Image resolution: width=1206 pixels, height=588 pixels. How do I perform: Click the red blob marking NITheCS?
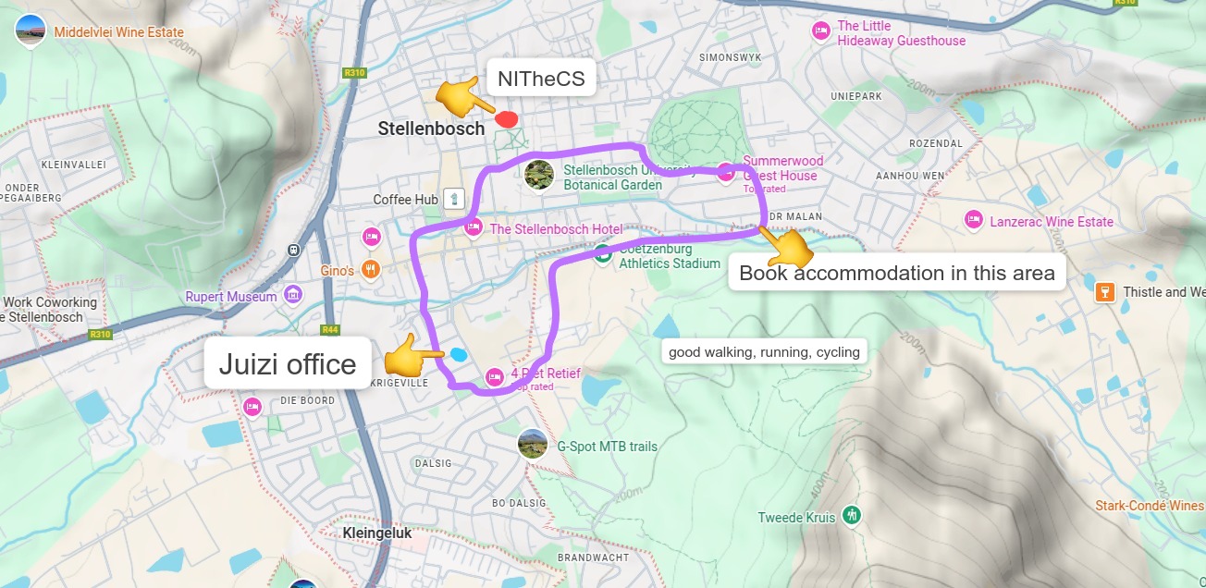coord(506,118)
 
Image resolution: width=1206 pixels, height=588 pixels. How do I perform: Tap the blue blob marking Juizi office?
coord(459,354)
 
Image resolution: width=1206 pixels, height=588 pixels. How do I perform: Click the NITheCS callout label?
coord(541,80)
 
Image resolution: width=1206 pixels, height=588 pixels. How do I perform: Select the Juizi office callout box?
coord(288,364)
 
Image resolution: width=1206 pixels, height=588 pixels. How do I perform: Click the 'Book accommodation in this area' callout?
coord(896,273)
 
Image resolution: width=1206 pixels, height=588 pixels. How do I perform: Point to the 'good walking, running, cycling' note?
coord(764,351)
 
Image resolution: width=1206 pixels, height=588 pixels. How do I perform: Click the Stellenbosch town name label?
coord(431,129)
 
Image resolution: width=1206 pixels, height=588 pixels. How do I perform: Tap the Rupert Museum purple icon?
coord(294,295)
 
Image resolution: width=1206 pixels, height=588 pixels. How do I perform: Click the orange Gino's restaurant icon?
coord(371,270)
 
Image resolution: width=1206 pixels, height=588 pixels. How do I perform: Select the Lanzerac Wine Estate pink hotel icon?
coord(973,220)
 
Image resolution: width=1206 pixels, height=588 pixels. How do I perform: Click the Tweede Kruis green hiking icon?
coord(852,515)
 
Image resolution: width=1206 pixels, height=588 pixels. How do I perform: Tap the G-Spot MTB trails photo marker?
coord(533,445)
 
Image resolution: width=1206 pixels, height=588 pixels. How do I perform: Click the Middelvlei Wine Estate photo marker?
coord(31,31)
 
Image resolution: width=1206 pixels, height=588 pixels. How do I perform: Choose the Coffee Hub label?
coord(405,200)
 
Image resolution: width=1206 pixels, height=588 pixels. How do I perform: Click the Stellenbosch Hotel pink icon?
coord(474,227)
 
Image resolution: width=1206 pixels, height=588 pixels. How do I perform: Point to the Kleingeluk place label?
coord(376,533)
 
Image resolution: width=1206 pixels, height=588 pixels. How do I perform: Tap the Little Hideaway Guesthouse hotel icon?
coord(820,31)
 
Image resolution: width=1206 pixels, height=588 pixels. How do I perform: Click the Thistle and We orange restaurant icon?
coord(1103,292)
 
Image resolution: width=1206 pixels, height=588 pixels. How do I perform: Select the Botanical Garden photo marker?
coord(538,174)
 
